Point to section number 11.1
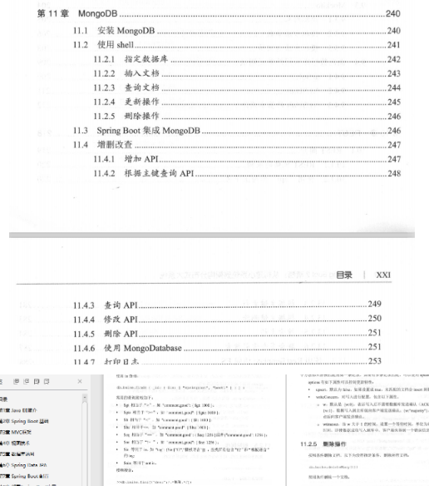[79, 31]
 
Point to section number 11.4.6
[83, 348]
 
